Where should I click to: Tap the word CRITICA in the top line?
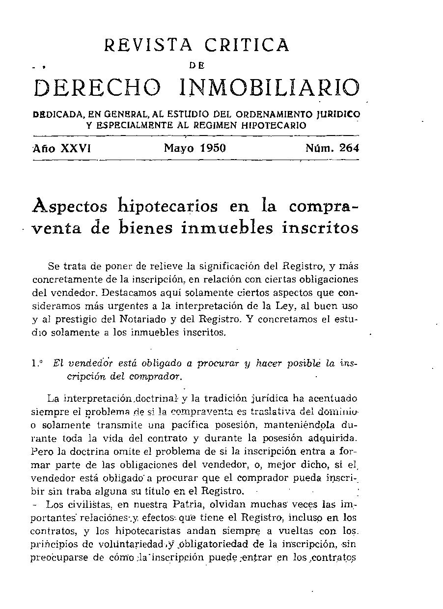click(x=247, y=46)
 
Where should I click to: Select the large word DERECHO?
click(x=97, y=88)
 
